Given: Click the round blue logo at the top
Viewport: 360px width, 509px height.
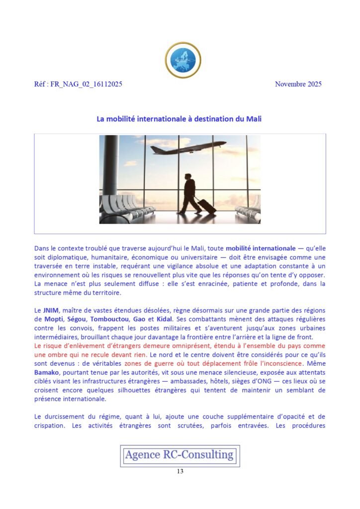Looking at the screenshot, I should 183,60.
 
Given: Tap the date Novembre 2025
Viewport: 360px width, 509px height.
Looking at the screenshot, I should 298,84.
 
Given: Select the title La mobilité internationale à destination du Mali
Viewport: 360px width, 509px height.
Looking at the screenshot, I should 179,119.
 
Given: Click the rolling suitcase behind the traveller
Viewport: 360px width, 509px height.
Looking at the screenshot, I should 206,206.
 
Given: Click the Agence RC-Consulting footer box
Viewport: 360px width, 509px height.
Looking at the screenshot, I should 180,455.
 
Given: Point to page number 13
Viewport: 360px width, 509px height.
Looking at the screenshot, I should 180,472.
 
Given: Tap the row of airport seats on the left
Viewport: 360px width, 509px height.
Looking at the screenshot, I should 122,208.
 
